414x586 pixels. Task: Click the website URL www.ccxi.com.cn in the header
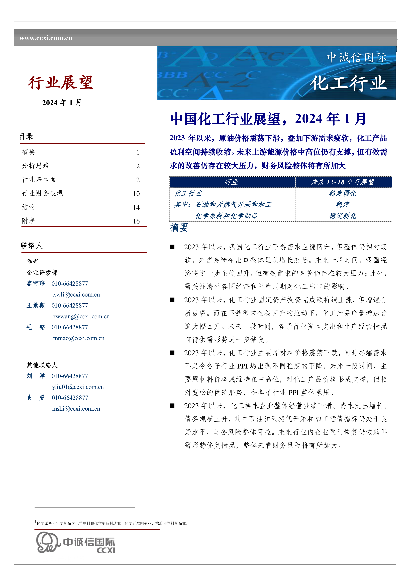click(46, 38)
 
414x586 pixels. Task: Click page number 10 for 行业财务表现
click(136, 194)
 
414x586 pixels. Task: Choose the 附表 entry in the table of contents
click(28, 221)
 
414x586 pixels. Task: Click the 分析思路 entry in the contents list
click(35, 166)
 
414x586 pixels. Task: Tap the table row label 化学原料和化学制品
click(226, 216)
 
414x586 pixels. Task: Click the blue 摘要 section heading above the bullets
click(179, 227)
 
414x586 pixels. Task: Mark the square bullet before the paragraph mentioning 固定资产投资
click(172, 300)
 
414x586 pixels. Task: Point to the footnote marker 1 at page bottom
click(35, 521)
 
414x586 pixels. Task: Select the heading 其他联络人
click(42, 365)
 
